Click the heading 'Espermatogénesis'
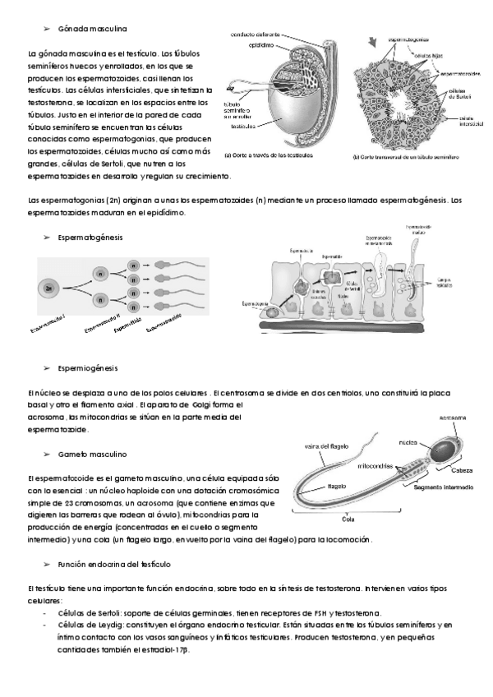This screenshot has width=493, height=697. (90, 237)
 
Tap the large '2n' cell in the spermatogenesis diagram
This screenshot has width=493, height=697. (50, 289)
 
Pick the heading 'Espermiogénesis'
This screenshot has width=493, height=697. (89, 368)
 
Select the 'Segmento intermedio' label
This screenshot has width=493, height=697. (443, 487)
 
